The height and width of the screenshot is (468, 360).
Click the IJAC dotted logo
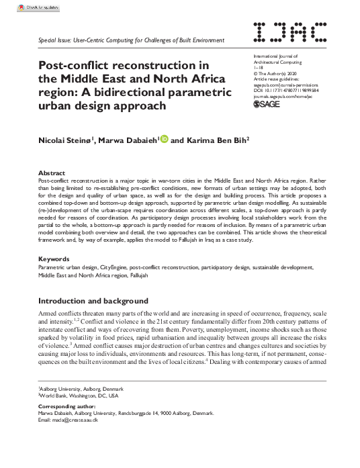pyautogui.click(x=291, y=32)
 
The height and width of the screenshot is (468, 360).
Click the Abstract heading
pyautogui.click(x=52, y=173)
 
